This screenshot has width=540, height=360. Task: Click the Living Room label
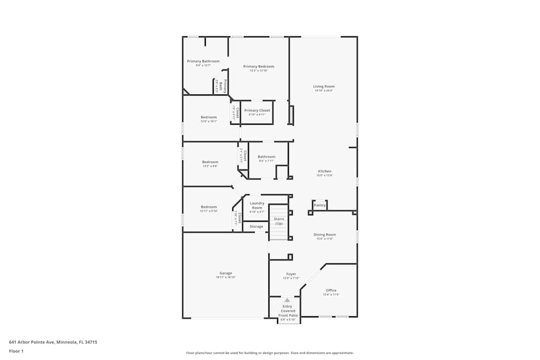[324, 86]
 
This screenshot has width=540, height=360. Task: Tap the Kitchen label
[324, 171]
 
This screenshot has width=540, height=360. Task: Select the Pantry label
[320, 205]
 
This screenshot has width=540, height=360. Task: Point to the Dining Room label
[325, 234]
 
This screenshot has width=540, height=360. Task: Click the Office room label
[330, 290]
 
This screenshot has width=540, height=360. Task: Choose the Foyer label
[291, 274]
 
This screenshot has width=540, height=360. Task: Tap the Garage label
[226, 273]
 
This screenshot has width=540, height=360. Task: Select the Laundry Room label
[257, 206]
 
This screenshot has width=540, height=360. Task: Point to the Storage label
[256, 227]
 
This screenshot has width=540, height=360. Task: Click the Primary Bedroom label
[259, 66]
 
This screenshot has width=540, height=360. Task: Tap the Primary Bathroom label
[203, 62]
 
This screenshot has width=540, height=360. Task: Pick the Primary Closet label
[257, 110]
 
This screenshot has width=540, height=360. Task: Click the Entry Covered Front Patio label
[287, 311]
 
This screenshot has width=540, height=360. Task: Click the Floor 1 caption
[16, 351]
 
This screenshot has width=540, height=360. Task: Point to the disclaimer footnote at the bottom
[269, 353]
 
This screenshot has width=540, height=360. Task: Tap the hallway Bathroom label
[266, 157]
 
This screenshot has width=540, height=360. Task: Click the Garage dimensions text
[226, 277]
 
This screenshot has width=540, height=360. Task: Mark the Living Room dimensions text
[324, 91]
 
